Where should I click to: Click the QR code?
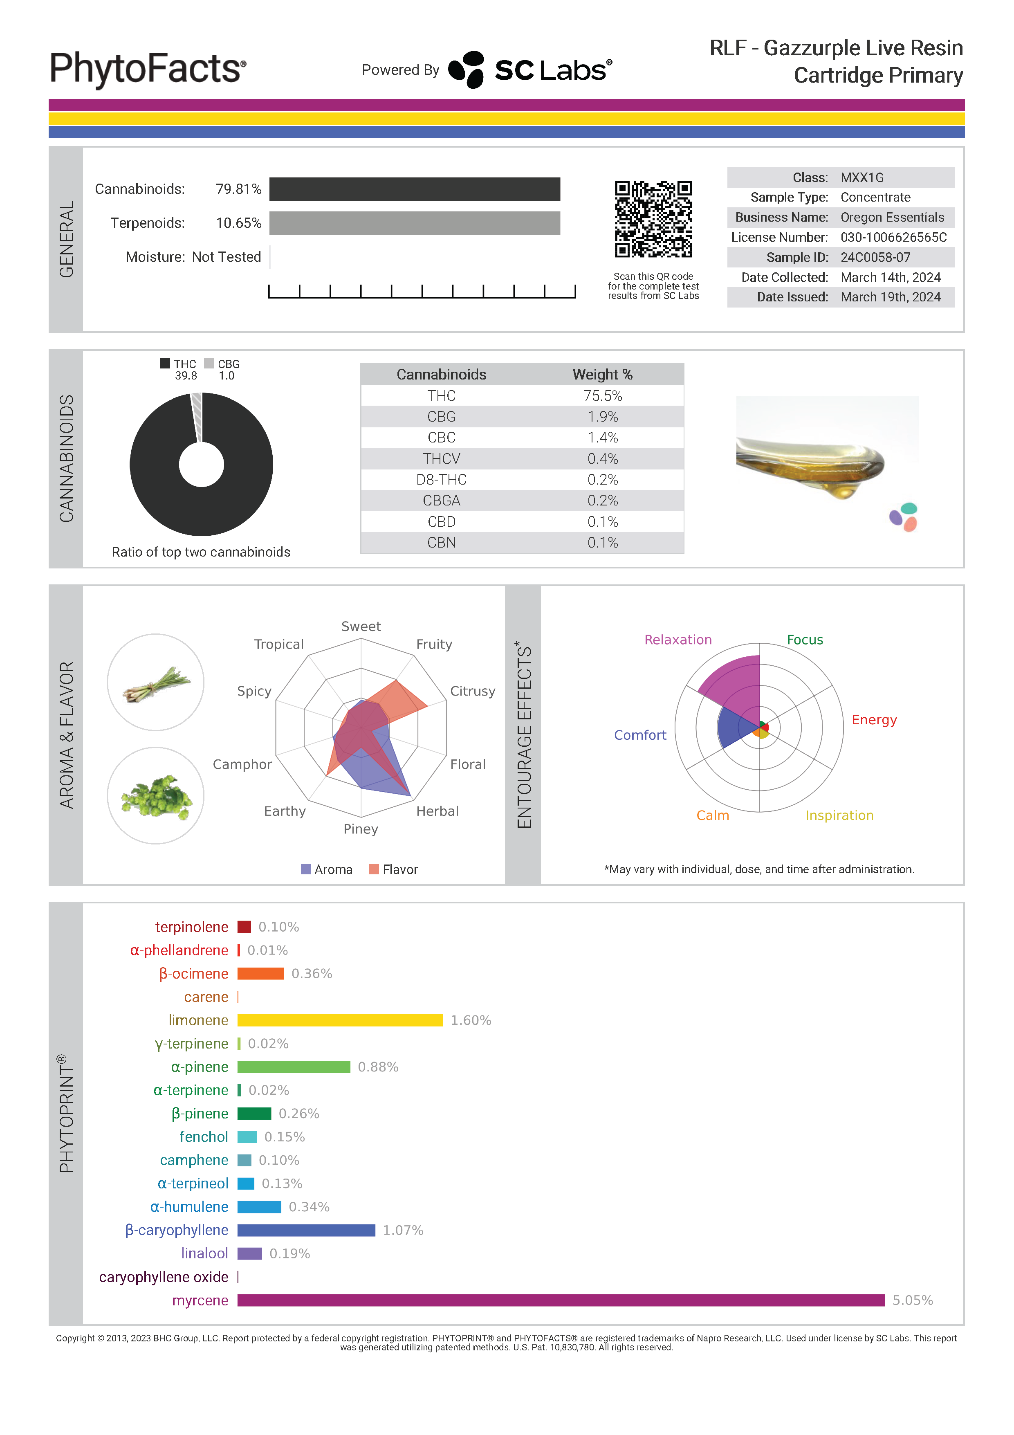coord(653,219)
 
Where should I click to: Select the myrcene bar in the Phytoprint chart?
coord(561,1300)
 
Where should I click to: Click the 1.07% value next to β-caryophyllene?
coord(403,1230)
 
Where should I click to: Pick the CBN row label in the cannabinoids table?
coord(441,543)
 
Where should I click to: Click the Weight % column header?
coord(602,374)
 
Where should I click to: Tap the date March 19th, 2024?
coord(890,297)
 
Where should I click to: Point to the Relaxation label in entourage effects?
coord(678,639)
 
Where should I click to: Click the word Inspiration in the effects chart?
coord(839,815)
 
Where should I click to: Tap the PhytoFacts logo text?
coord(148,69)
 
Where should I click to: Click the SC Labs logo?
coord(531,70)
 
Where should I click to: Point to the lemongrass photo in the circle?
coord(155,682)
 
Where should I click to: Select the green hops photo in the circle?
coord(155,796)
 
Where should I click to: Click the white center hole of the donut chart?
coord(201,465)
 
